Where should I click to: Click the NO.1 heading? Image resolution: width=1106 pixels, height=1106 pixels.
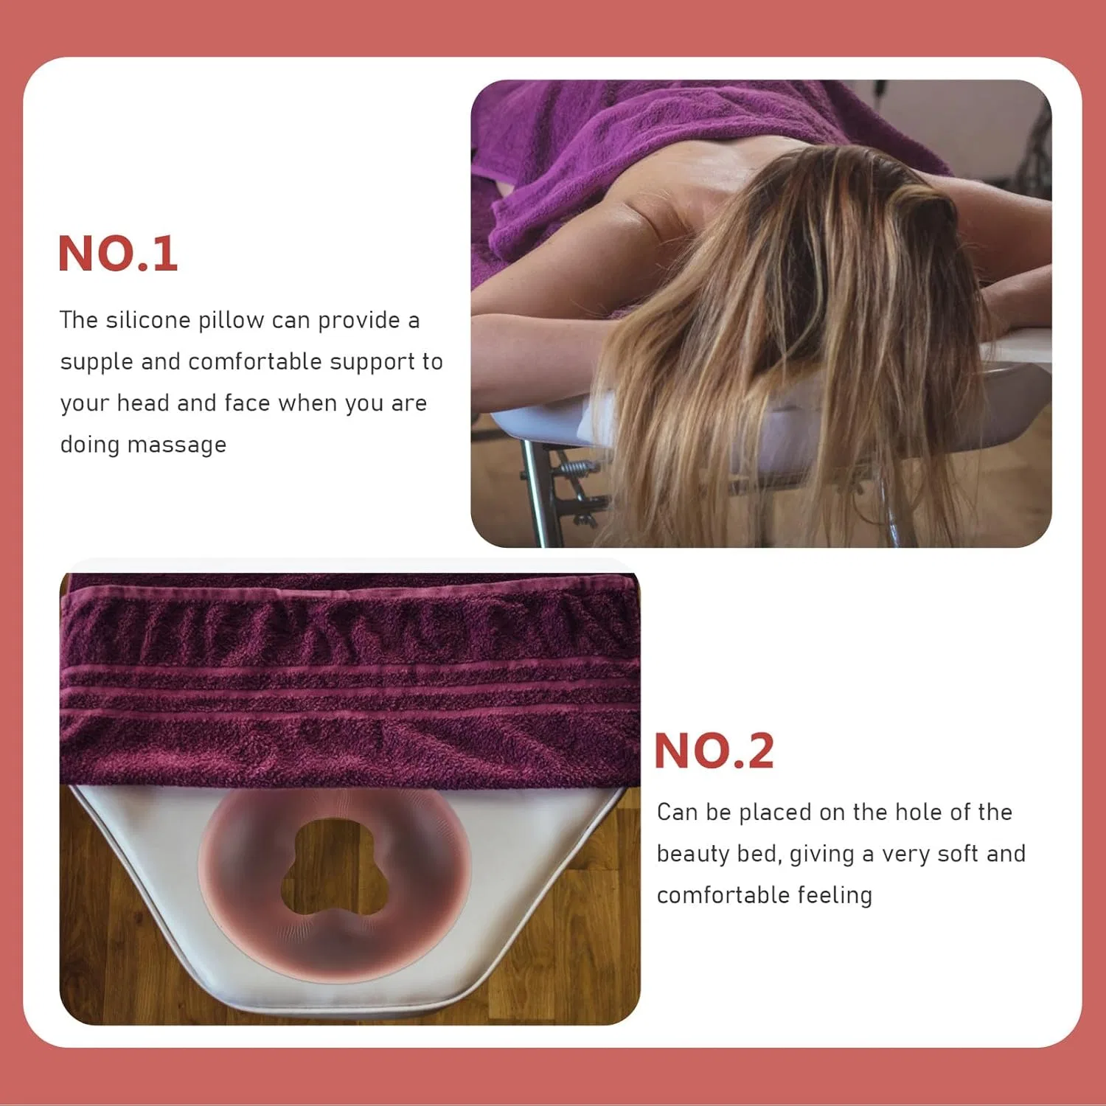pyautogui.click(x=118, y=254)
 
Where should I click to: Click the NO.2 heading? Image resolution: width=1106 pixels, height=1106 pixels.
pyautogui.click(x=714, y=751)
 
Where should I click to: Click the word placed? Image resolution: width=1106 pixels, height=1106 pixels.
pyautogui.click(x=775, y=813)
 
